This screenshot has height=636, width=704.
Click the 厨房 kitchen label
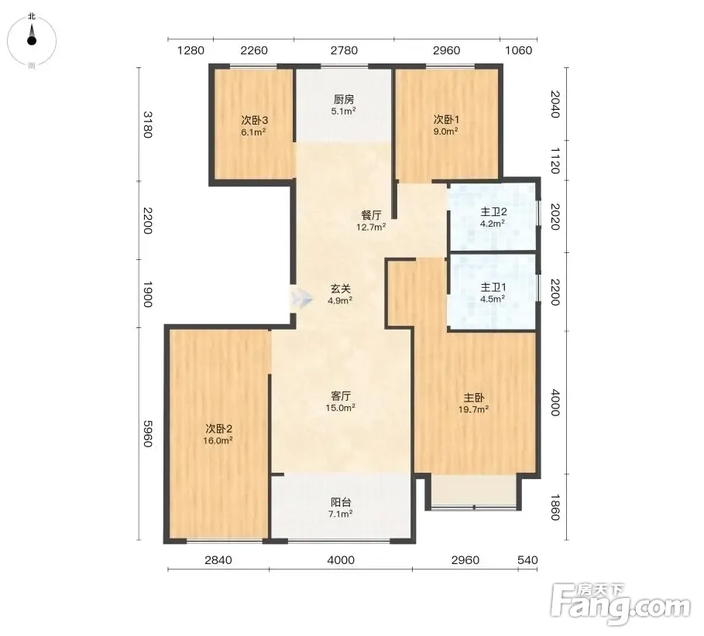[x=343, y=99]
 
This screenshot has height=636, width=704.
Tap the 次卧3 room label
[x=255, y=120]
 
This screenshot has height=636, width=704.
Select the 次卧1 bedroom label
[x=446, y=120]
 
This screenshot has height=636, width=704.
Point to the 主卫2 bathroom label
[x=493, y=212]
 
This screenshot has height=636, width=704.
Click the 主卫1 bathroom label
[x=493, y=287]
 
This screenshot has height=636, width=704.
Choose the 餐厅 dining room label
[x=371, y=215]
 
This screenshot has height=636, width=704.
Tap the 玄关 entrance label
[x=340, y=289]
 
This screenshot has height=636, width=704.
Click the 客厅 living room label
[x=341, y=396]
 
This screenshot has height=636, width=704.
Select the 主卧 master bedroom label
[x=474, y=398]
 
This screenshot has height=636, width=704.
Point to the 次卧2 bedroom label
[x=218, y=429]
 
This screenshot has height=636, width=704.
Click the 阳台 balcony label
[x=341, y=502]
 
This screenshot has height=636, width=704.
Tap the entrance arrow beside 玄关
[x=300, y=298]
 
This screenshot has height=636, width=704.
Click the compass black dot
[x=32, y=41]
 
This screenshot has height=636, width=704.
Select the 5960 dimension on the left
[x=148, y=434]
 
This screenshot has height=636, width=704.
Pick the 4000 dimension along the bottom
[x=341, y=560]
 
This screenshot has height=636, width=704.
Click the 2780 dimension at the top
[x=344, y=50]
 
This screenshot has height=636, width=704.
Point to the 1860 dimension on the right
[x=555, y=508]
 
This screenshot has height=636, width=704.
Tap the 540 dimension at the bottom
[x=527, y=560]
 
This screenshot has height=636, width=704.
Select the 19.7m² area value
[x=473, y=409]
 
